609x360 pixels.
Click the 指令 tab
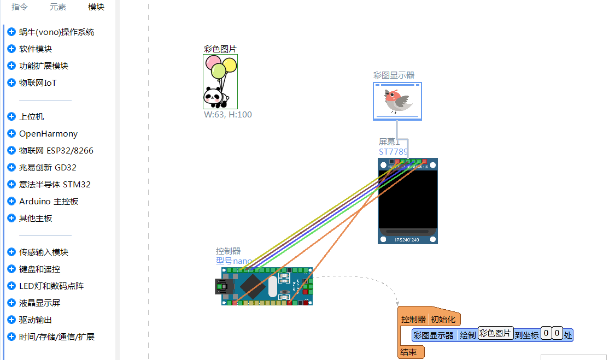coord(20,7)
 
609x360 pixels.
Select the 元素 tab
coord(58,7)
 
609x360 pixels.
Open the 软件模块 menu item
coord(36,49)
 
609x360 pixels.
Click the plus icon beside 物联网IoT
coord(11,83)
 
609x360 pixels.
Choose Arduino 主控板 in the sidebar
coord(49,202)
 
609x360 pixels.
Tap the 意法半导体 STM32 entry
coord(55,185)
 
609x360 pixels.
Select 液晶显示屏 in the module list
coord(39,303)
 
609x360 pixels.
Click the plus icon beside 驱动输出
coord(11,320)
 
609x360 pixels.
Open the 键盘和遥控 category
coord(39,269)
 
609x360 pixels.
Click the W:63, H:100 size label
coord(228,115)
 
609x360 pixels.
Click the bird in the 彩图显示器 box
coord(397,101)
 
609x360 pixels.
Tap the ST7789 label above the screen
coord(394,151)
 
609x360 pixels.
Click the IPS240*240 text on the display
coord(408,239)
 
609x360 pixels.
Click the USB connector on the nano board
coord(222,286)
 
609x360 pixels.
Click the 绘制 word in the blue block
coord(467,335)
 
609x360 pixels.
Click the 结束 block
coord(409,352)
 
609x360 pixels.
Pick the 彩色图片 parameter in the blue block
coord(495,333)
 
